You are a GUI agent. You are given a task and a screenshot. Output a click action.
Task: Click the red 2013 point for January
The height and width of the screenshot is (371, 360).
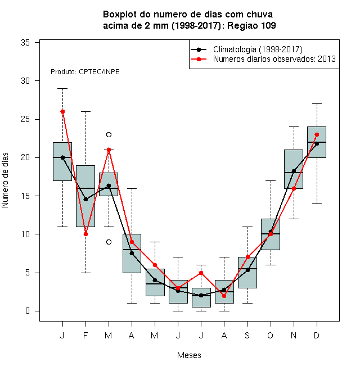62,112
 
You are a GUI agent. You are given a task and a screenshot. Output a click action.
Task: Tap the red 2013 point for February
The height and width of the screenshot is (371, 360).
85,234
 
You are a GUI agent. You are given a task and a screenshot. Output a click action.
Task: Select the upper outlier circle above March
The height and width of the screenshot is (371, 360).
109,135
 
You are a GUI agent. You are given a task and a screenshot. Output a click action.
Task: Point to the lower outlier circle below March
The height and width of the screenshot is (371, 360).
109,242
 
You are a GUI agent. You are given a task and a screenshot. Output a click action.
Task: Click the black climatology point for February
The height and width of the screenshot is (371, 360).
85,200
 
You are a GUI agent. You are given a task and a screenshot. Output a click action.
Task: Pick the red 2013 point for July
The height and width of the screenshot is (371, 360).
201,273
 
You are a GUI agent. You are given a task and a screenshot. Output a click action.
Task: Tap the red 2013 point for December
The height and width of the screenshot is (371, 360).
317,135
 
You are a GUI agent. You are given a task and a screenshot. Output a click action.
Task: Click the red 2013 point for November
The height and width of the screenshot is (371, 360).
294,188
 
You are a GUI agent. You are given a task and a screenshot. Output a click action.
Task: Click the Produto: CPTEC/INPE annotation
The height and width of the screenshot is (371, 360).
85,72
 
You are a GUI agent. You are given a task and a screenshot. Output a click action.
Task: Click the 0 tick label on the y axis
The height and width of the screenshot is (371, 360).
28,311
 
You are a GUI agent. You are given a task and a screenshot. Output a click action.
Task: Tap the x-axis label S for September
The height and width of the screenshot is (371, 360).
247,335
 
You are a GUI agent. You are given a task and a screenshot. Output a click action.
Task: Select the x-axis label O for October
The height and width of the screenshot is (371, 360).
271,335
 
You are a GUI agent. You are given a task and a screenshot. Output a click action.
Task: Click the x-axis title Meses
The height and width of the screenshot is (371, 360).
189,355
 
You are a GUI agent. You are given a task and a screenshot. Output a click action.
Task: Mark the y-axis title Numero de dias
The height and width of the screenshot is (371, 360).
5,180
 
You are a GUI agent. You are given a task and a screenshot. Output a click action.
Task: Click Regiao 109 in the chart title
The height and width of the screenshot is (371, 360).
251,25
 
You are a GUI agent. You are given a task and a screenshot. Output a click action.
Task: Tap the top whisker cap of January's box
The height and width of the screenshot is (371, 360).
62,88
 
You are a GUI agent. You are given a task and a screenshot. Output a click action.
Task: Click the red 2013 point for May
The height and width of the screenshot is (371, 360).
155,265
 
